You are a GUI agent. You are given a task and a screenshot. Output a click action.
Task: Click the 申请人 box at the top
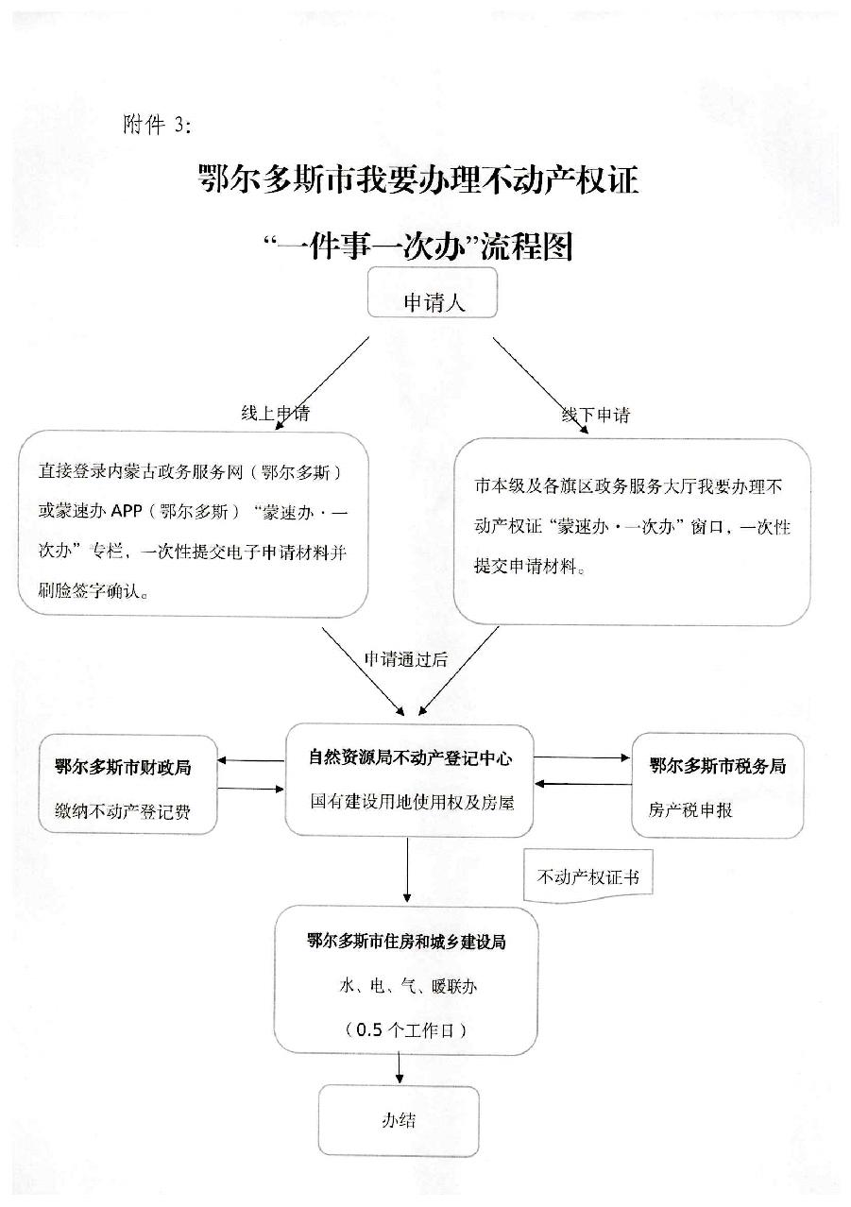click(433, 293)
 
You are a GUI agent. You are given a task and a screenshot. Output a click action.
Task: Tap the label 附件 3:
click(157, 125)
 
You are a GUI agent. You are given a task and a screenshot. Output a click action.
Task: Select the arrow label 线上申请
click(276, 414)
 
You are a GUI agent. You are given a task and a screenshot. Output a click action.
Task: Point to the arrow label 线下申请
click(596, 415)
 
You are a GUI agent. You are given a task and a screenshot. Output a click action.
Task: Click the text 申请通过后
click(406, 659)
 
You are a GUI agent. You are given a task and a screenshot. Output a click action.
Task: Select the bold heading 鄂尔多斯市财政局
click(123, 767)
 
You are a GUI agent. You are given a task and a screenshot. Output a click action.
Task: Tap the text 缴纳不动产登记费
click(123, 811)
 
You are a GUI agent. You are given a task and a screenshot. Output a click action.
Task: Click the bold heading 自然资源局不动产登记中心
click(410, 757)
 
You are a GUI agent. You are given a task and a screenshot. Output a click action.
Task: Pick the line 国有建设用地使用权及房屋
click(413, 802)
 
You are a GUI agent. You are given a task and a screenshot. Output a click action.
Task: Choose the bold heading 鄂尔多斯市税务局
click(717, 765)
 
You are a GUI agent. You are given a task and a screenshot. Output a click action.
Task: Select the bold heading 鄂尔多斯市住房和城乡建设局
click(406, 941)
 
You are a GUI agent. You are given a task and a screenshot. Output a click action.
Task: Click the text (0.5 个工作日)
click(406, 1029)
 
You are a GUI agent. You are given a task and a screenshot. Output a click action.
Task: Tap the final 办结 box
click(399, 1121)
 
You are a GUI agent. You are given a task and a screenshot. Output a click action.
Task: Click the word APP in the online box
click(127, 511)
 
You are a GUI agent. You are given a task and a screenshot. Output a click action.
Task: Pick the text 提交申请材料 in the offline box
click(525, 566)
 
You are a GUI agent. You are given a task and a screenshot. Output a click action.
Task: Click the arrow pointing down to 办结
click(399, 1068)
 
